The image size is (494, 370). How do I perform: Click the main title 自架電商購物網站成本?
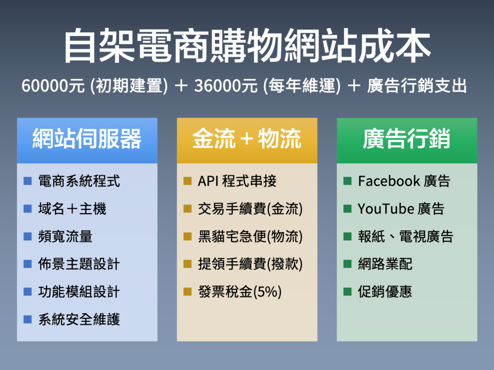247,46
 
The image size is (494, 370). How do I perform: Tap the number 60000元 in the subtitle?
53,86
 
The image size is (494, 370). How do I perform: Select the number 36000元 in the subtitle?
226,86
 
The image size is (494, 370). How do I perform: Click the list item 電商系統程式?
79,181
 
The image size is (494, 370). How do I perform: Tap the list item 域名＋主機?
72,209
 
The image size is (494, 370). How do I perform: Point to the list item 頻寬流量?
65,237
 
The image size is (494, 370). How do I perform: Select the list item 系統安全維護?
79,320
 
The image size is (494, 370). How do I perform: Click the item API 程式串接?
237,181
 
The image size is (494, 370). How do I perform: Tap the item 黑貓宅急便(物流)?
250,237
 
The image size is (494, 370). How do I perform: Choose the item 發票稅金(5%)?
240,292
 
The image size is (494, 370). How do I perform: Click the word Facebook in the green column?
389,181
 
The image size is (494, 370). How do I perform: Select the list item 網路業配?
385,264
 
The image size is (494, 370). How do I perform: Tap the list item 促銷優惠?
385,292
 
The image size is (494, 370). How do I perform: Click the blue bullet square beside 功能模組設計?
27,291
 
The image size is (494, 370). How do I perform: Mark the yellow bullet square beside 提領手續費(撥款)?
188,264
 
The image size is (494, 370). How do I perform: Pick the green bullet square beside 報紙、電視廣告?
347,236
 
